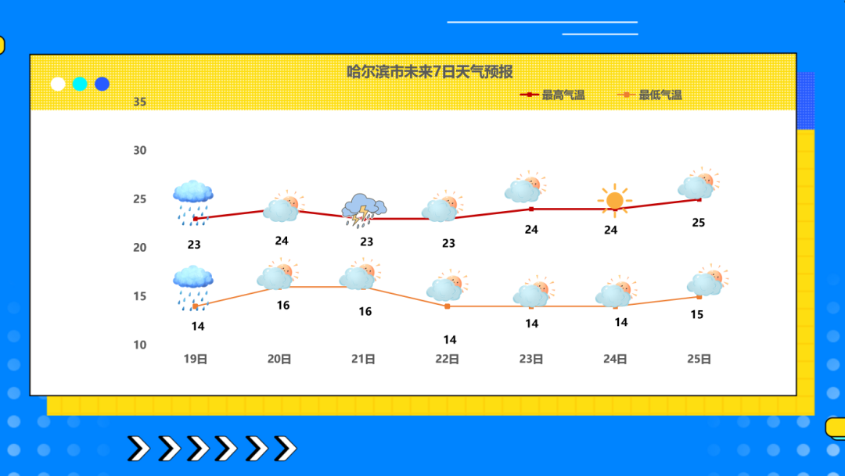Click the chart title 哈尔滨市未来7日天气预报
pos(430,72)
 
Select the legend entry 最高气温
pos(552,95)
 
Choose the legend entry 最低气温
pos(649,95)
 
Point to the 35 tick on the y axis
pos(139,102)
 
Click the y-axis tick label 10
pos(139,345)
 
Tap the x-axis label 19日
pos(195,360)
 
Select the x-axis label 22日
pos(448,360)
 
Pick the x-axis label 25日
pos(699,360)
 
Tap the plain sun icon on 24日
pos(614,200)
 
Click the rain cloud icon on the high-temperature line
pos(193,202)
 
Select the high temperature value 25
pos(699,223)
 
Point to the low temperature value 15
pos(697,314)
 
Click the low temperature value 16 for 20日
pos(283,306)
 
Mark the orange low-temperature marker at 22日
pos(448,306)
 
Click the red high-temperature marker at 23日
pos(531,209)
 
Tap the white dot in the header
pos(58,84)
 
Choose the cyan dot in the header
pos(80,84)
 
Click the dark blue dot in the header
pos(102,84)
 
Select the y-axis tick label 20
pos(139,248)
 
